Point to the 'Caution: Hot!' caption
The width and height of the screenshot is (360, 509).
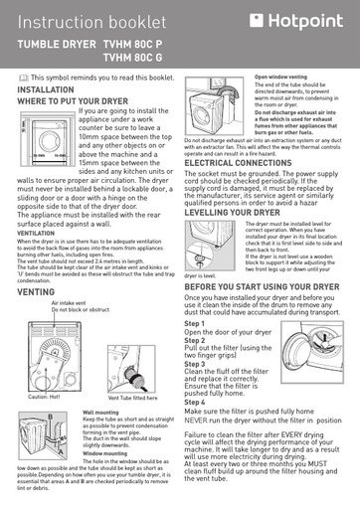click(45, 397)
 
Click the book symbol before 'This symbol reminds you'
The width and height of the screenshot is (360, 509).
click(24, 77)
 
